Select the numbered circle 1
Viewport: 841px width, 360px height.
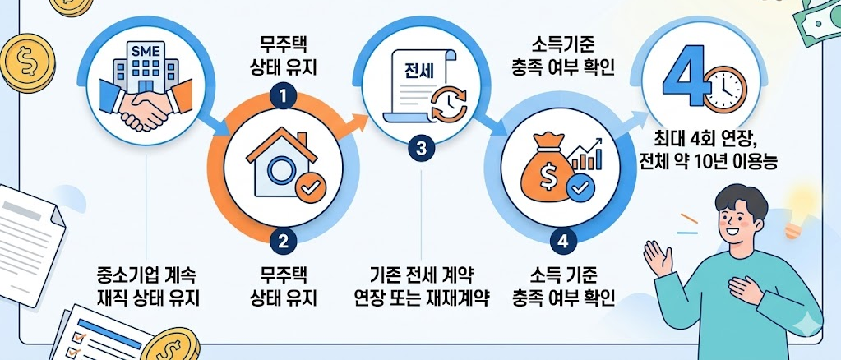click(x=283, y=96)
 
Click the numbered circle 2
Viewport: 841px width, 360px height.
click(x=283, y=241)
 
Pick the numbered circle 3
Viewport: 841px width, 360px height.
click(x=422, y=149)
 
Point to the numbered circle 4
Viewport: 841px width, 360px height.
click(x=561, y=241)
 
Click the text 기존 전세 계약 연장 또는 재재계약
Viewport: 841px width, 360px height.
click(x=420, y=284)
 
